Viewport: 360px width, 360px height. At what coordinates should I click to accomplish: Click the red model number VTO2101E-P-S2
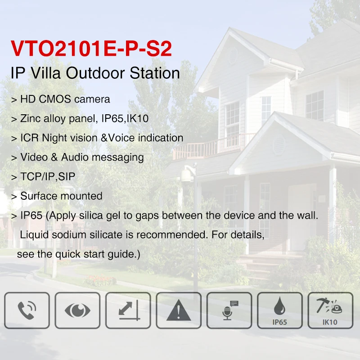[x=91, y=49]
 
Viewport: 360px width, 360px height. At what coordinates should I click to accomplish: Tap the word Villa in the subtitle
[x=45, y=73]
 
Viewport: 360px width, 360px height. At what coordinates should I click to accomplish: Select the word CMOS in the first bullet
[x=55, y=99]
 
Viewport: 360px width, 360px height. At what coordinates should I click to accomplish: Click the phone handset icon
[x=27, y=310]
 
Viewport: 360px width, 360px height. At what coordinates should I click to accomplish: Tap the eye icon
[x=77, y=310]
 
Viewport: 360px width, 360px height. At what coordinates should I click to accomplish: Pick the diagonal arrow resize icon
[x=129, y=310]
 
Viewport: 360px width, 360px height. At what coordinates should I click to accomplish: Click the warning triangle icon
[x=179, y=310]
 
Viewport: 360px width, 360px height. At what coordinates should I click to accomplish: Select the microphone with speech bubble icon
[x=230, y=310]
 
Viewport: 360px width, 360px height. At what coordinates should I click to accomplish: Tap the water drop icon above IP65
[x=279, y=306]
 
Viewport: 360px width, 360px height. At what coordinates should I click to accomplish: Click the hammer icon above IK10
[x=329, y=306]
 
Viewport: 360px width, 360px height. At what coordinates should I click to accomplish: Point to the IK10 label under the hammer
[x=330, y=322]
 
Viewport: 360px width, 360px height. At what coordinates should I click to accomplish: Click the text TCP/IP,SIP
[x=48, y=176]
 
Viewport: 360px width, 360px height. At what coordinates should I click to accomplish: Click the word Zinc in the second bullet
[x=31, y=118]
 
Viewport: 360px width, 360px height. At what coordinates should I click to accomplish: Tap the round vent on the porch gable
[x=279, y=145]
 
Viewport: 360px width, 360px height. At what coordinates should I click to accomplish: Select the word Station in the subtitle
[x=155, y=73]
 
